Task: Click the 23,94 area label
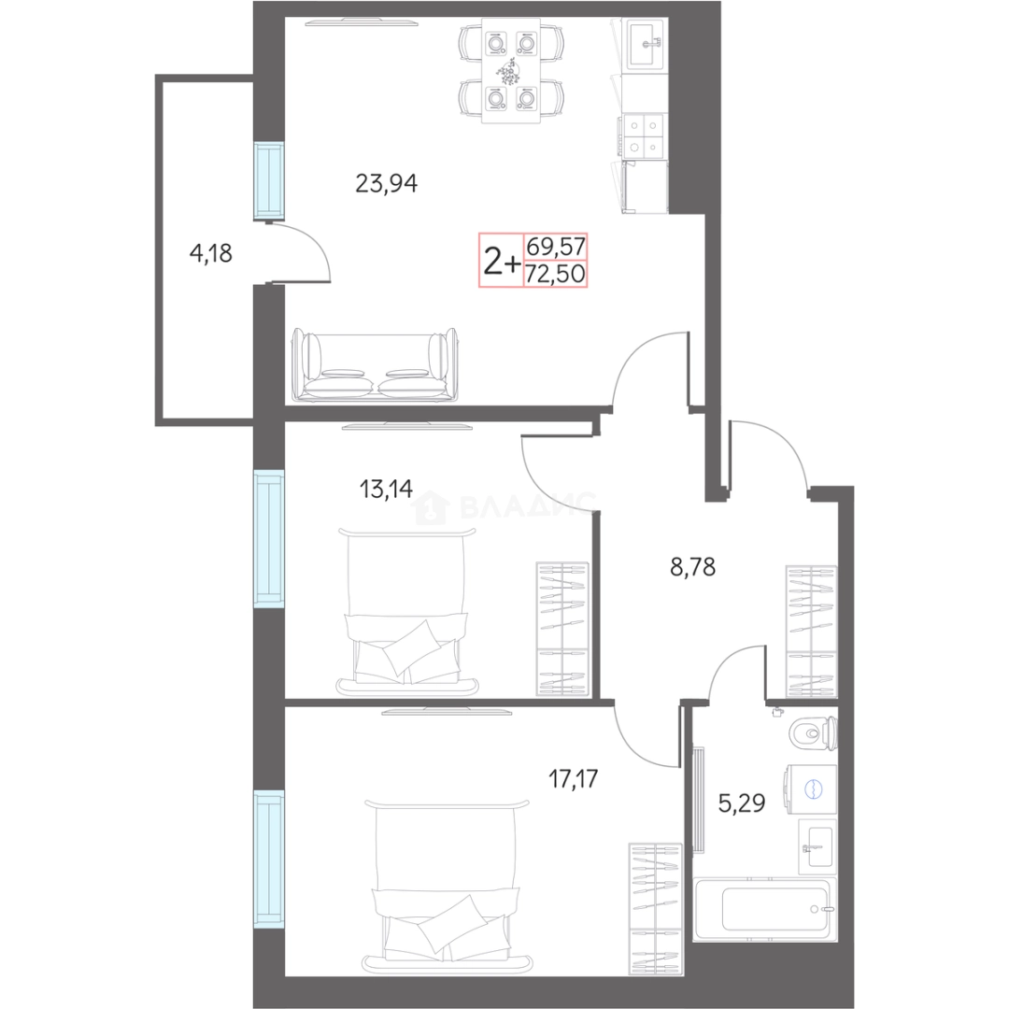pos(386,183)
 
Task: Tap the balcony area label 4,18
pos(210,253)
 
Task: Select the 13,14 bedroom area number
pos(386,489)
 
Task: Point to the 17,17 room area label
pos(573,778)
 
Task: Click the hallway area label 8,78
pos(692,567)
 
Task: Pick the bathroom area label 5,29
pos(741,803)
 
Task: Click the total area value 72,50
pos(555,274)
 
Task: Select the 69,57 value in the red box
pos(555,246)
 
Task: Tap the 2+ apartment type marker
pos(502,262)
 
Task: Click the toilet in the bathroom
pos(814,733)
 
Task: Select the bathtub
pos(765,909)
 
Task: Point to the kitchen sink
pos(647,44)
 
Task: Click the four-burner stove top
pos(644,135)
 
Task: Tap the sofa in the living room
pos(375,365)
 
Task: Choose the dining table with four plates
pos(512,71)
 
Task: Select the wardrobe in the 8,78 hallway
pos(812,631)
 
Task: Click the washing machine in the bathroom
pos(809,789)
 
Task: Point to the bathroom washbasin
pos(817,846)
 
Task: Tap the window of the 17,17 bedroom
pos(269,860)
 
